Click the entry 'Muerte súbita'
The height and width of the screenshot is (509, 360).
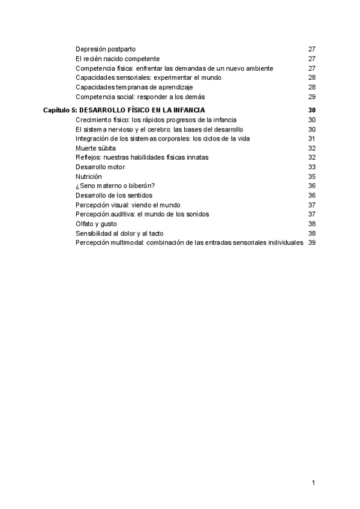click(x=95, y=148)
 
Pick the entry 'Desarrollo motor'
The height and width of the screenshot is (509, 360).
click(x=100, y=167)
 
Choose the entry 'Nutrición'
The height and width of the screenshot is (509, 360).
click(x=89, y=176)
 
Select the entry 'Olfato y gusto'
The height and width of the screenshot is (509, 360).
click(x=96, y=223)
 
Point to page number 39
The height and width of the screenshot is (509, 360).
click(x=311, y=242)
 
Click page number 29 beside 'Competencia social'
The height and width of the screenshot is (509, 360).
click(x=311, y=97)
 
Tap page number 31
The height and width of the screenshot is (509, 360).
click(x=311, y=139)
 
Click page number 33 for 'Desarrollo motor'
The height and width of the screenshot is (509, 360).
click(x=311, y=167)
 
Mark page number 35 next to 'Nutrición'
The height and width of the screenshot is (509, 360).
click(x=311, y=176)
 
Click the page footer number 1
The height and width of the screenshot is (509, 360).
click(x=313, y=483)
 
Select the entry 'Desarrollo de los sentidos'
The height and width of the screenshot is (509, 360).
click(x=114, y=195)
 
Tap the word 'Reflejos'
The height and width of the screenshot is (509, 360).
click(x=88, y=157)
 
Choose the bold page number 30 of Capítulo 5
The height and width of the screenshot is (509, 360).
click(x=311, y=110)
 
